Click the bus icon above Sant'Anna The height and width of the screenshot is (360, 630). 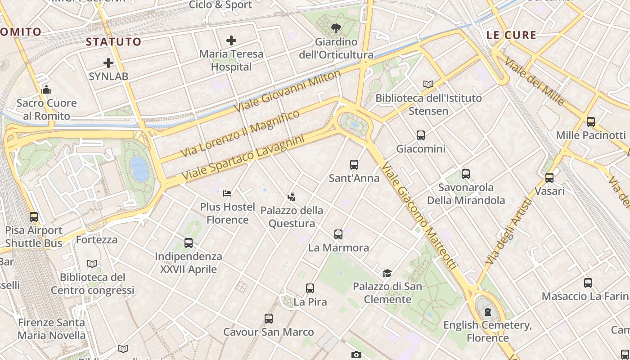click(x=354, y=165)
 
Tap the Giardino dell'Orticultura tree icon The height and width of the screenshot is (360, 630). click(x=336, y=29)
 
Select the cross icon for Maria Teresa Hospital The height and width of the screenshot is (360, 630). click(x=231, y=40)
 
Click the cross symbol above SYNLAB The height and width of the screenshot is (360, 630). click(x=108, y=63)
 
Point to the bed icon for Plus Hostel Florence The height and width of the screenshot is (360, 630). click(x=227, y=193)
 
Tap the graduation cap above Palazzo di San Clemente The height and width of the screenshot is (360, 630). click(x=387, y=273)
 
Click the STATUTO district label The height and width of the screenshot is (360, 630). click(x=113, y=42)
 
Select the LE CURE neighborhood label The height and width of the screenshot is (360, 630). click(x=511, y=35)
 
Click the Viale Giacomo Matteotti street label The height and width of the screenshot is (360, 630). click(x=419, y=216)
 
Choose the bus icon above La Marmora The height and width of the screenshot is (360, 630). click(x=338, y=234)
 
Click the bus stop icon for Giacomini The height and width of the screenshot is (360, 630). click(x=421, y=135)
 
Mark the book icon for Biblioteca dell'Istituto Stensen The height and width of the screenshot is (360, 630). click(x=428, y=84)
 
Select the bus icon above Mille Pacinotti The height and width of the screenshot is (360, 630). click(x=591, y=121)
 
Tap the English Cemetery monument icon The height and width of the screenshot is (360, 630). click(x=488, y=312)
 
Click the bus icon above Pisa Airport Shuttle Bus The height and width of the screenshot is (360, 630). click(x=34, y=217)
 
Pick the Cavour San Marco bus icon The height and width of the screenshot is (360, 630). click(x=269, y=319)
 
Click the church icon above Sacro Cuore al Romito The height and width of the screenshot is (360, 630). click(x=46, y=90)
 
